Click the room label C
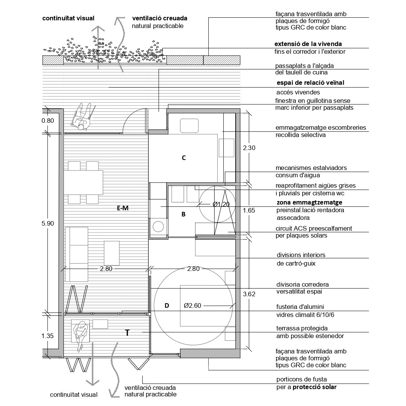point(184,157)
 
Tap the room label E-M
point(122,208)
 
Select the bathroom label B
point(183,214)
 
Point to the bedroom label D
point(166,305)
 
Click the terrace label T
point(127,333)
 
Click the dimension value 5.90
point(48,223)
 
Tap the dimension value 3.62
point(250,294)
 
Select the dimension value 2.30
point(250,147)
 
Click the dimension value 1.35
point(48,336)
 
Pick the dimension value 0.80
point(48,120)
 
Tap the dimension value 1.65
point(250,210)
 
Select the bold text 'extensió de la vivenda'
point(308,44)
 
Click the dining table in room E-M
point(83,182)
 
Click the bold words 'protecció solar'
point(314,387)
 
